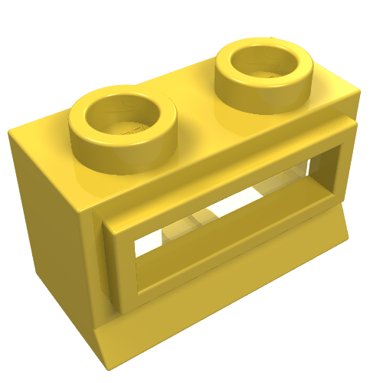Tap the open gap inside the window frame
(x=230, y=222)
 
